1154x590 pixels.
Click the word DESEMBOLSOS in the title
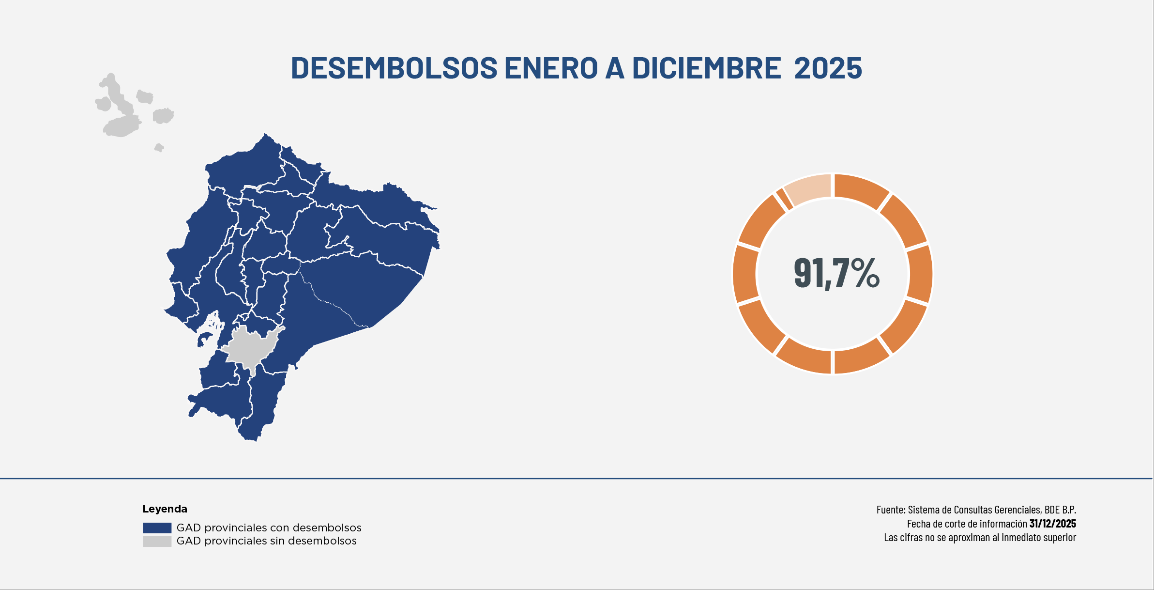pos(394,68)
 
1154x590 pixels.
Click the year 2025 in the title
pos(828,68)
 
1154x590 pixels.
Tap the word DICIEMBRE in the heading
pos(706,68)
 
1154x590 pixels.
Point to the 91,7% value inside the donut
pos(836,274)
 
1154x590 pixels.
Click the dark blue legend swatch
pos(157,528)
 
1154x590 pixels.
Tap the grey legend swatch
pos(157,541)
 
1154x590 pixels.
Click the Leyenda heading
pos(165,509)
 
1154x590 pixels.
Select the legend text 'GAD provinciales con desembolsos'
pos(269,528)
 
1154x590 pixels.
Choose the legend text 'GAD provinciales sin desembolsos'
pos(266,541)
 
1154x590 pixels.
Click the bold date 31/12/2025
pos(1052,524)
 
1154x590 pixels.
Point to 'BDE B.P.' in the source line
pos(1060,510)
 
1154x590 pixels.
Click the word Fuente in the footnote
pos(890,510)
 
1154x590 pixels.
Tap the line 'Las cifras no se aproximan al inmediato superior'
pos(980,537)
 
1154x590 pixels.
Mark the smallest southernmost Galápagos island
pos(159,148)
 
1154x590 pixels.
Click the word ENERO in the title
pos(551,68)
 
